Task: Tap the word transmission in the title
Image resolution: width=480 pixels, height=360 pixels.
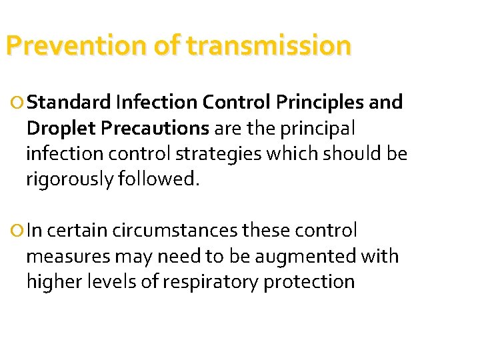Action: pos(268,46)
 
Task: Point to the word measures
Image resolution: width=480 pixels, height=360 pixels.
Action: pos(69,257)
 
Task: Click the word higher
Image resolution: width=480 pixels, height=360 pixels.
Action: pos(52,281)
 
